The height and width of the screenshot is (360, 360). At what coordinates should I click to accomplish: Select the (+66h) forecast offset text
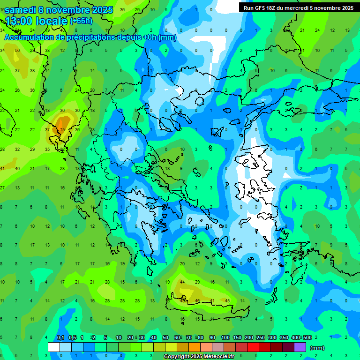tap(81, 21)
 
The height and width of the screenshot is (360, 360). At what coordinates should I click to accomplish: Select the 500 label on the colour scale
tap(307, 337)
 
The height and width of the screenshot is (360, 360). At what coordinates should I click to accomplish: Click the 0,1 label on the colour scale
tap(60, 337)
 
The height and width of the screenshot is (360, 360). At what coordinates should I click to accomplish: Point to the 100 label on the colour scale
tap(225, 337)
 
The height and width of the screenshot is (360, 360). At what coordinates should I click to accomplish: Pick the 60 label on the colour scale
tap(177, 337)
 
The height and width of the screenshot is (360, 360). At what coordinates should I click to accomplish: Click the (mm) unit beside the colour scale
tap(317, 348)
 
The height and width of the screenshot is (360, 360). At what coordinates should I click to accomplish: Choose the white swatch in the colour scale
tap(54, 347)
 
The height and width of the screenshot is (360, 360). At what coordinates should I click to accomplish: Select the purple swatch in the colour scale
tap(300, 347)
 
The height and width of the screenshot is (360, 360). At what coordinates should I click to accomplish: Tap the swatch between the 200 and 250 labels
tap(253, 347)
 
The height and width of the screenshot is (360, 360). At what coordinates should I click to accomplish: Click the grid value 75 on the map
tap(62, 129)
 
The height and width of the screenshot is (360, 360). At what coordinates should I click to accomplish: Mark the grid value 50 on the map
tap(17, 50)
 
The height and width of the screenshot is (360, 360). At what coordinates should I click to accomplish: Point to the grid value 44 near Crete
tap(182, 282)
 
